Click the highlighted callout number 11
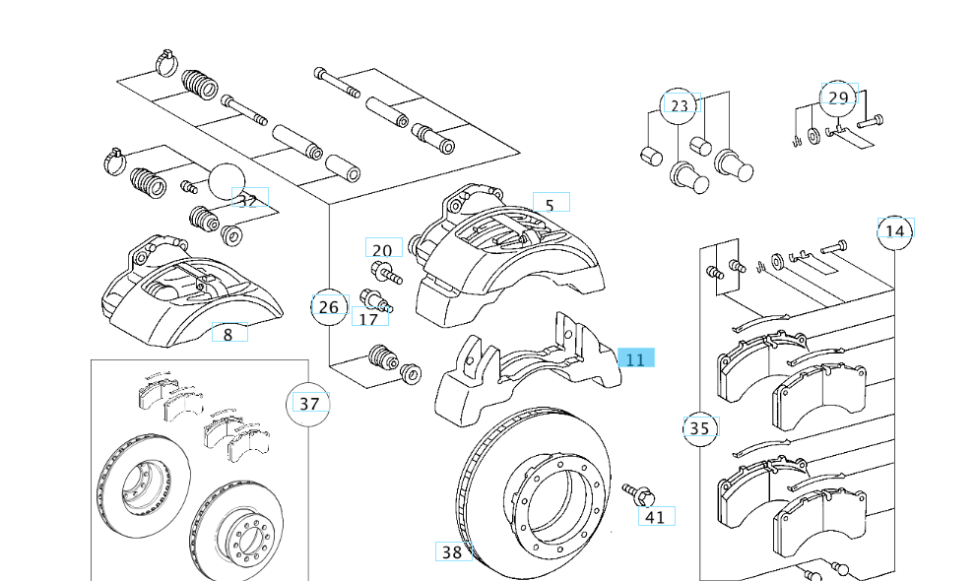tap(635, 360)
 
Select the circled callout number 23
tap(680, 105)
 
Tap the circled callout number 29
tap(838, 97)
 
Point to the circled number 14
tap(894, 231)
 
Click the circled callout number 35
tap(699, 428)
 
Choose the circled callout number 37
tap(309, 404)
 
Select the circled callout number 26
tap(329, 307)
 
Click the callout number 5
tap(550, 205)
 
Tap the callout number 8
tap(227, 334)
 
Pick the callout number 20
tap(382, 250)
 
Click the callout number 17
tap(368, 319)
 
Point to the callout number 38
tap(451, 552)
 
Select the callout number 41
tap(655, 516)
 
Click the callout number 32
tap(247, 200)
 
